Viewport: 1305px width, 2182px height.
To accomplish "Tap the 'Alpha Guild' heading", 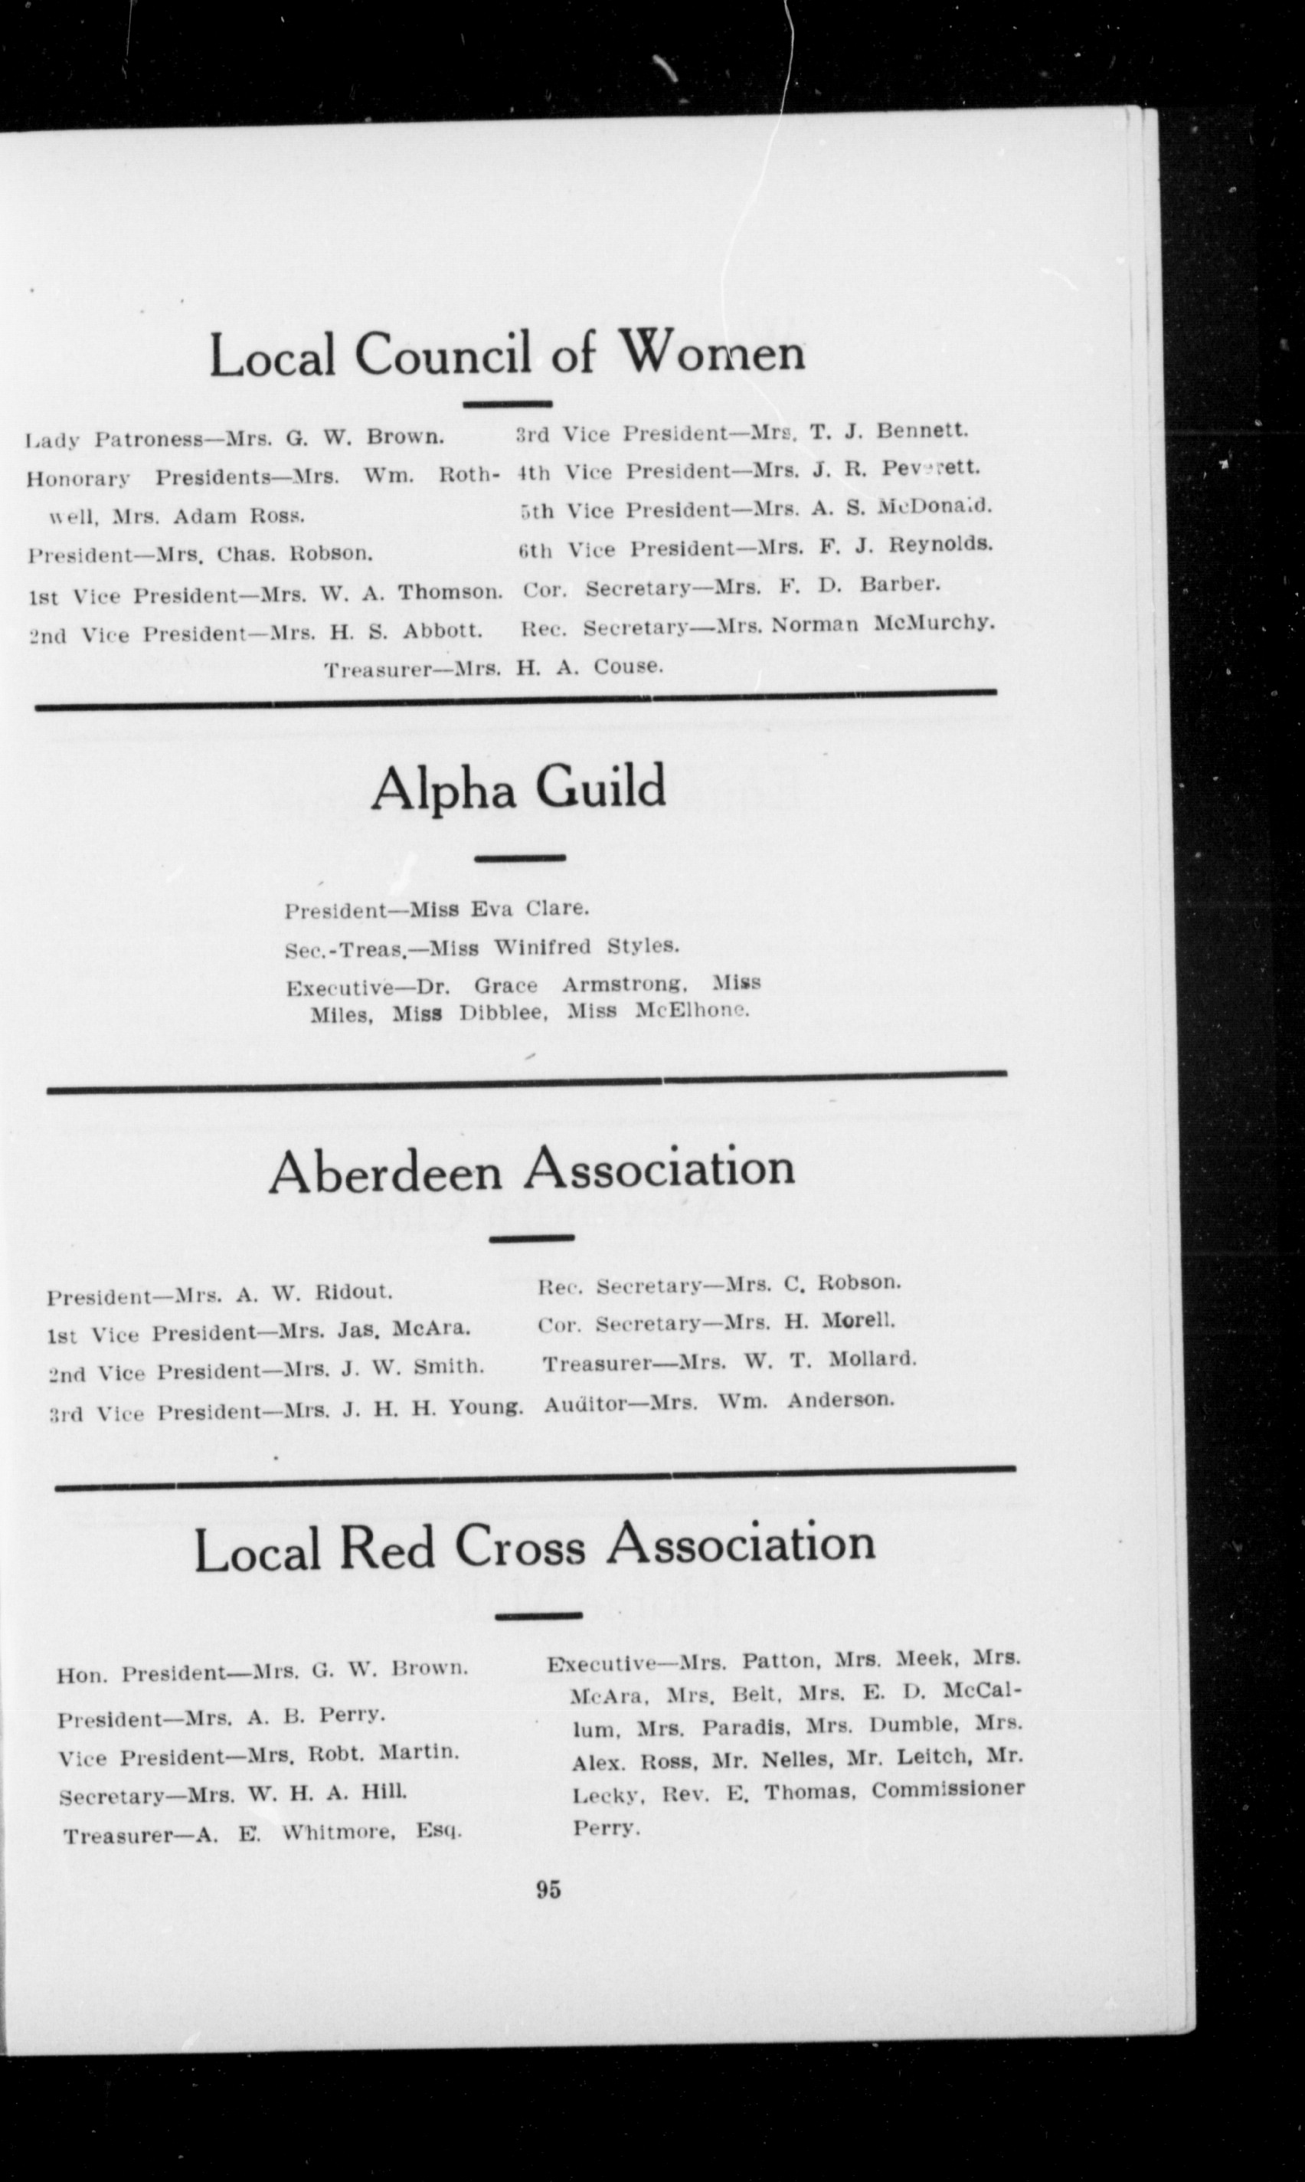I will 517,788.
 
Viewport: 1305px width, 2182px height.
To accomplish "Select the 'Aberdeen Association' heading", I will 531,1171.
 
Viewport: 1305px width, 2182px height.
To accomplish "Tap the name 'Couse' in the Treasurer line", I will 627,666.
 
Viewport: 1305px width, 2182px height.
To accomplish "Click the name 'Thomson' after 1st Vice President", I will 450,592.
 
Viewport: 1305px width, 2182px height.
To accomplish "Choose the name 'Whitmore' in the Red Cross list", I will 330,1833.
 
